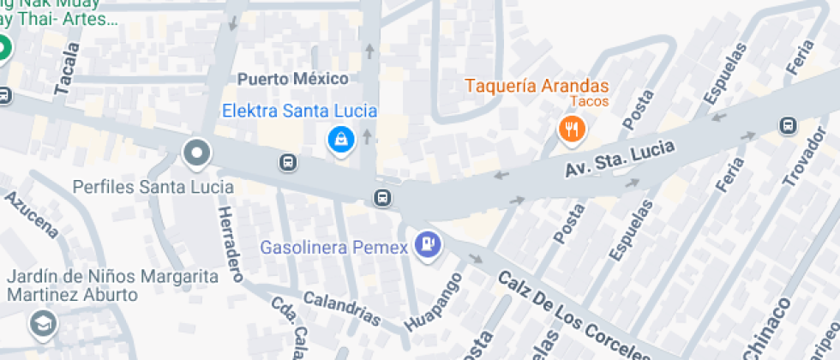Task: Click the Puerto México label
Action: tap(293, 79)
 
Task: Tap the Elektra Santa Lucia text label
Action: tap(299, 111)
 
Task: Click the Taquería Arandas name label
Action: tap(537, 86)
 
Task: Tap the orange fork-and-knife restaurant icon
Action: tap(571, 129)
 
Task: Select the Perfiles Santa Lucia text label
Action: tap(153, 186)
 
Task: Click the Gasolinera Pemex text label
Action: tap(333, 248)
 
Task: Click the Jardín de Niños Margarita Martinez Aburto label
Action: tap(112, 285)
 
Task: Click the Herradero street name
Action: tap(230, 244)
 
